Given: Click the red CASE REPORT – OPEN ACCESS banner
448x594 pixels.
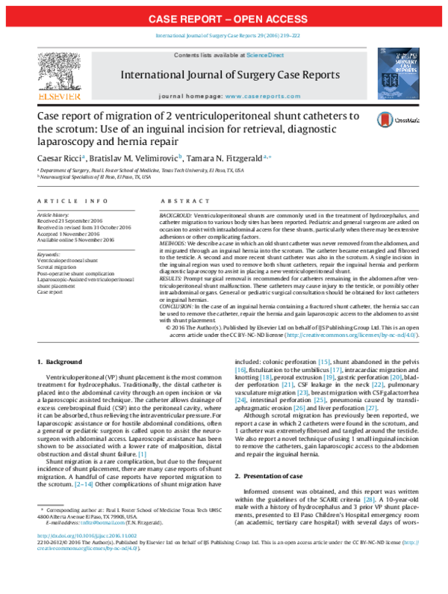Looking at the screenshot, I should (224, 17).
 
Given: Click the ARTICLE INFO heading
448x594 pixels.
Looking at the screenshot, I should (66, 201).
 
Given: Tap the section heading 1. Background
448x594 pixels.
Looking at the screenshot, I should (61, 362).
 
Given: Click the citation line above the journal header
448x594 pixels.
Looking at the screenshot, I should (224, 36).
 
